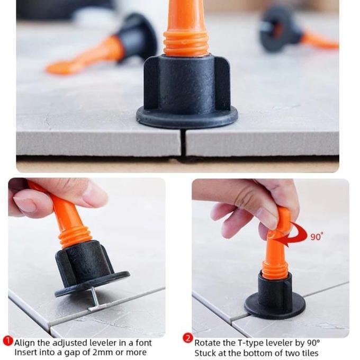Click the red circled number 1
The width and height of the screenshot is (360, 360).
click(8, 341)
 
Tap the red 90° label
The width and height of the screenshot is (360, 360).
click(317, 237)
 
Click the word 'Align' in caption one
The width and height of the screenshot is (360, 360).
click(25, 343)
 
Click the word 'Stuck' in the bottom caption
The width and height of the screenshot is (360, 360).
click(206, 353)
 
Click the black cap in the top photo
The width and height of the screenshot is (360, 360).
click(186, 90)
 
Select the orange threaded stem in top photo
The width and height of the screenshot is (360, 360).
click(186, 32)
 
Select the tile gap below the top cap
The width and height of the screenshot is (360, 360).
click(183, 143)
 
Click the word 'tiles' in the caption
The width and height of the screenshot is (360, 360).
click(308, 353)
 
